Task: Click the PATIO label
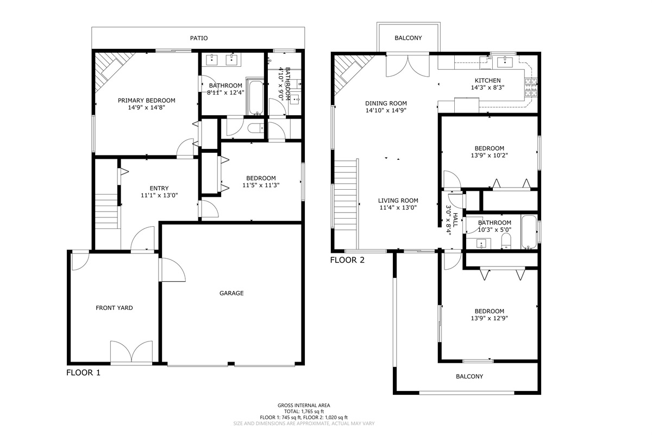[x=199, y=38]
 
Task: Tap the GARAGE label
[x=231, y=293]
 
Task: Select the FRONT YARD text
[x=114, y=308]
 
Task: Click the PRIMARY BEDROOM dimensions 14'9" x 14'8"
[x=146, y=108]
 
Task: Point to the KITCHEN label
[x=487, y=80]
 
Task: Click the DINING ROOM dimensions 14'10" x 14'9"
[x=386, y=110]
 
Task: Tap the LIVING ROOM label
[x=398, y=201]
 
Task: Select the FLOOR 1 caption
[x=83, y=372]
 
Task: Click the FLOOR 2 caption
[x=347, y=260]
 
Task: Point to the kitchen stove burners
[x=531, y=88]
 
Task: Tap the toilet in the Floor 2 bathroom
[x=506, y=241]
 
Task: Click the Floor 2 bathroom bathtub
[x=529, y=232]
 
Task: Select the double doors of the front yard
[x=131, y=352]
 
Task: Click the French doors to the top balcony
[x=407, y=66]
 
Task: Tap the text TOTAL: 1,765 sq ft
[x=304, y=412]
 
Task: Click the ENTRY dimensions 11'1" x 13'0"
[x=159, y=196]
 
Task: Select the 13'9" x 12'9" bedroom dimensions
[x=490, y=318]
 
